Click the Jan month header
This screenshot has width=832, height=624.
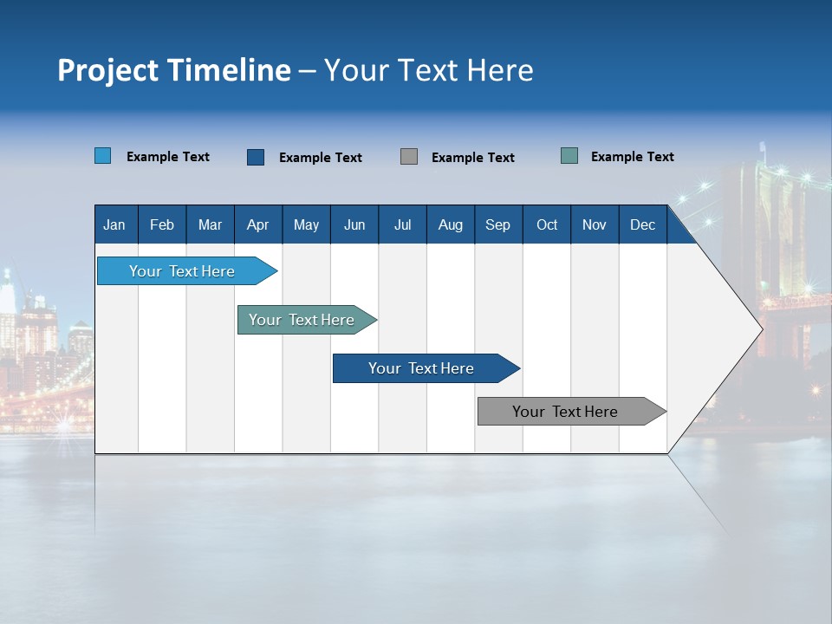114,224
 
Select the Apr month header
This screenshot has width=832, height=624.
257,224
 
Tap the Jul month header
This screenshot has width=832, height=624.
402,224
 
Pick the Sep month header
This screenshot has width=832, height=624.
497,224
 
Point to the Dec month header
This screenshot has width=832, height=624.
642,224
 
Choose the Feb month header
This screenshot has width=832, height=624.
162,224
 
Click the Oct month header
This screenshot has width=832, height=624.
547,224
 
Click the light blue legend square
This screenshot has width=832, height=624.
103,156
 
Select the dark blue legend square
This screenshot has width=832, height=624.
256,157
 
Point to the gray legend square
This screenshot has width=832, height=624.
409,157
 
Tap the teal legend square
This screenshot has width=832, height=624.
569,156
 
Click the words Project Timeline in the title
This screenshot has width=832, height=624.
174,70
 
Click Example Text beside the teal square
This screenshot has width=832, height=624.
632,157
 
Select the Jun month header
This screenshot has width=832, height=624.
354,224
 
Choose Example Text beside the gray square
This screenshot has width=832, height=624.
472,158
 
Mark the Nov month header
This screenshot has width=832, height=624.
595,224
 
